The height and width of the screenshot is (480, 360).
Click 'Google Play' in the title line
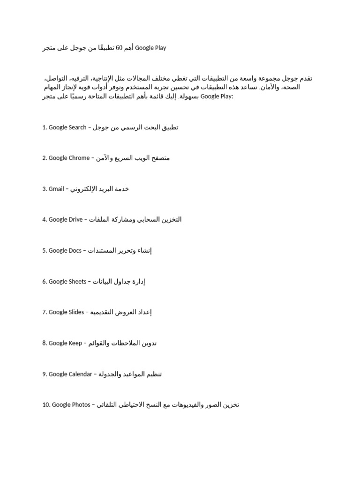click(x=150, y=48)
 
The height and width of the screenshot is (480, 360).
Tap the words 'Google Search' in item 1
click(x=67, y=127)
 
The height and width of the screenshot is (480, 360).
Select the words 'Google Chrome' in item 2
click(x=69, y=158)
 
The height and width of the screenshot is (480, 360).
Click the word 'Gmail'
click(x=56, y=189)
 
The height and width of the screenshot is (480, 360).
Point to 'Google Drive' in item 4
click(x=66, y=219)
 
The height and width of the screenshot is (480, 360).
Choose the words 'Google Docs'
click(x=65, y=250)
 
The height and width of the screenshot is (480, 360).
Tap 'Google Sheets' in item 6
click(x=67, y=281)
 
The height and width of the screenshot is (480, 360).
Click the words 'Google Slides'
click(x=66, y=312)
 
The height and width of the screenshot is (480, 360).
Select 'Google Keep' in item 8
click(x=65, y=343)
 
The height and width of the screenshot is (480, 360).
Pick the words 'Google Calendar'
click(x=70, y=374)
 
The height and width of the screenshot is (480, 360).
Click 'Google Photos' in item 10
click(x=71, y=405)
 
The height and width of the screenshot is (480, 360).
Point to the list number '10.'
click(x=46, y=405)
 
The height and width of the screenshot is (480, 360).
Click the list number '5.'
click(x=45, y=250)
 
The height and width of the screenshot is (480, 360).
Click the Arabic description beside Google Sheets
click(x=119, y=281)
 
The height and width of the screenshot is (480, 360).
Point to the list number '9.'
click(x=45, y=374)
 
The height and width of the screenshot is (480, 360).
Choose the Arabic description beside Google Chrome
click(x=133, y=158)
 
